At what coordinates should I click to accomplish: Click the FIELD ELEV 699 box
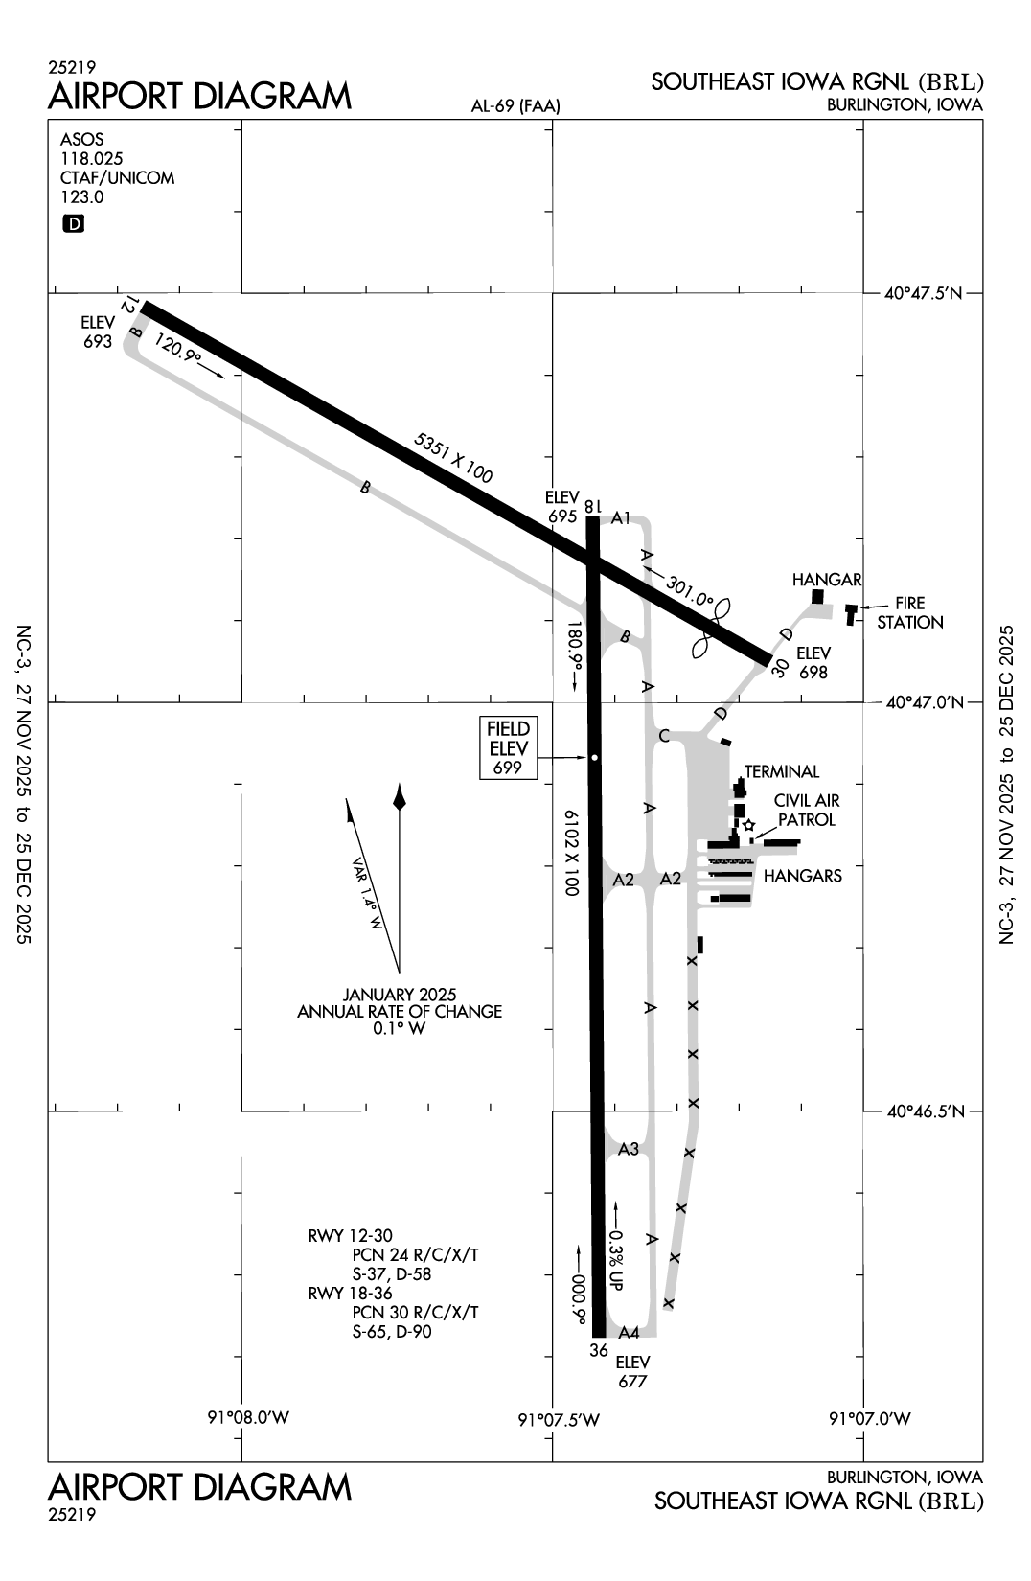click(x=508, y=748)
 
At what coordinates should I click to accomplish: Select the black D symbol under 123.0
click(x=73, y=224)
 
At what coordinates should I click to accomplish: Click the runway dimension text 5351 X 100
click(x=453, y=458)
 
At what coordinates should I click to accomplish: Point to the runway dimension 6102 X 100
click(x=572, y=852)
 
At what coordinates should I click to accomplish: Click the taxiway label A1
click(x=621, y=518)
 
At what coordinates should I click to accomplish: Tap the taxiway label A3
click(x=629, y=1149)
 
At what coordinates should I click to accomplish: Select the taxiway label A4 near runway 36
click(x=629, y=1332)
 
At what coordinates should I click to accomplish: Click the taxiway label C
click(x=663, y=736)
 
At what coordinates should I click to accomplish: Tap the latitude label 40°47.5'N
click(x=923, y=294)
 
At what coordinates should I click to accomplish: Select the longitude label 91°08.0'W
click(x=248, y=1418)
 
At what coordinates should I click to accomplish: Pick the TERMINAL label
click(x=782, y=771)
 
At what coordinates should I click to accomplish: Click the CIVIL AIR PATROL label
click(x=806, y=811)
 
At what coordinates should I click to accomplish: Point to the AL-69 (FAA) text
click(x=515, y=107)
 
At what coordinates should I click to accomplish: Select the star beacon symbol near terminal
click(x=748, y=824)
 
